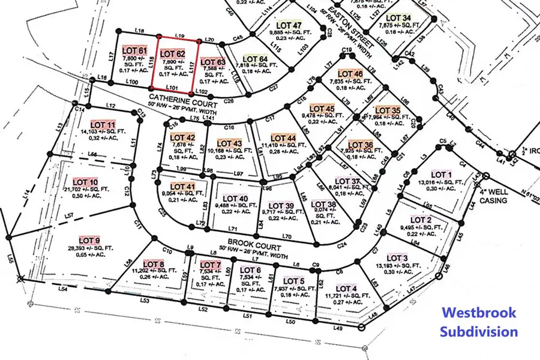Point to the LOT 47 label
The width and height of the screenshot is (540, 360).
(x=289, y=25)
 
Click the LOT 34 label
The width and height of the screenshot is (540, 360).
(x=399, y=18)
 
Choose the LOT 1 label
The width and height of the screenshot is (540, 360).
(x=440, y=175)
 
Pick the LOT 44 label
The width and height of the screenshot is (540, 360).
(x=283, y=138)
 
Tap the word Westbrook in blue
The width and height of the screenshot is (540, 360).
(x=478, y=313)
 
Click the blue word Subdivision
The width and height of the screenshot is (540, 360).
(x=478, y=331)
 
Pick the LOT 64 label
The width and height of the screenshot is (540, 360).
(x=256, y=59)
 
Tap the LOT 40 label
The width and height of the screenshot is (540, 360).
(x=235, y=199)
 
